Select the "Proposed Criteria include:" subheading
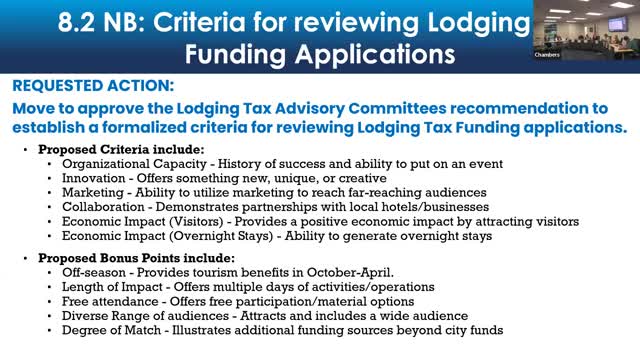pyautogui.click(x=109, y=149)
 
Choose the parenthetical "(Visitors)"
pyautogui.click(x=192, y=219)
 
